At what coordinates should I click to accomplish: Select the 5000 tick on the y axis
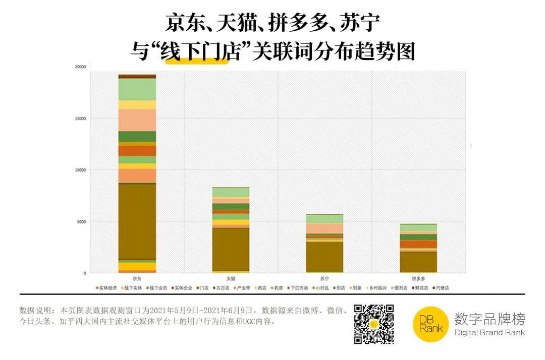[x=82, y=222]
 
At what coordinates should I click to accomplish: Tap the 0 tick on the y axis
[x=85, y=273]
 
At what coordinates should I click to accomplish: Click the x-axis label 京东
[x=137, y=278]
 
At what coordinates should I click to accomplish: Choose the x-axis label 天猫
[x=231, y=278]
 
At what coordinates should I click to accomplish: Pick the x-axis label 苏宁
[x=324, y=278]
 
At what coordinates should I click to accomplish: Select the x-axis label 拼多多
[x=418, y=278]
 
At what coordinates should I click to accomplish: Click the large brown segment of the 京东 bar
[x=137, y=222]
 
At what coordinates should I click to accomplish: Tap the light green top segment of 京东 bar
[x=137, y=89]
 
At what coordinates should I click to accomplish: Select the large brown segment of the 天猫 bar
[x=231, y=249]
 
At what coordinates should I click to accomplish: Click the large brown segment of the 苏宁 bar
[x=324, y=257]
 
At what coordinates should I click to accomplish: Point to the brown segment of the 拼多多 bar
[x=418, y=262]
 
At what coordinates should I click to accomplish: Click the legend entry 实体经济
[x=107, y=288]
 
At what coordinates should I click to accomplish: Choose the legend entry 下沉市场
[x=298, y=288]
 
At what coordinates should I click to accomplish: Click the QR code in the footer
[x=374, y=324]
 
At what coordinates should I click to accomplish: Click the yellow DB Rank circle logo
[x=430, y=324]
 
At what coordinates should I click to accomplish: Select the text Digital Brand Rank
[x=489, y=333]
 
